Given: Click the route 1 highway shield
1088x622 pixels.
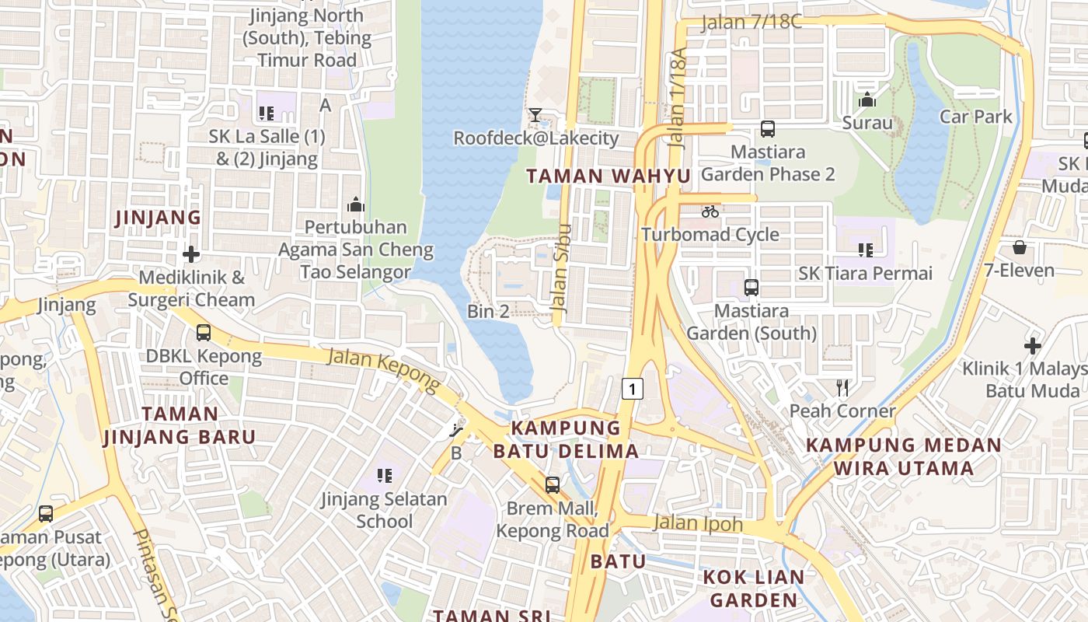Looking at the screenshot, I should [633, 388].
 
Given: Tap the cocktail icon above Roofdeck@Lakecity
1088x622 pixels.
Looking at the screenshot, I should [535, 115].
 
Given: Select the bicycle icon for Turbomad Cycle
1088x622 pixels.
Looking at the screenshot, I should [710, 211].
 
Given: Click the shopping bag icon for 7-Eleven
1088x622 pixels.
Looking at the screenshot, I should [1019, 247].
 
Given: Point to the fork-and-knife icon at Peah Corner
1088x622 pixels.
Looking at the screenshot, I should [842, 387].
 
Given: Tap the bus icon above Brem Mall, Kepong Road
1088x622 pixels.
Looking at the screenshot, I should [552, 485].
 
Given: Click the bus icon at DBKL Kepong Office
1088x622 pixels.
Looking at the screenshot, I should [204, 333].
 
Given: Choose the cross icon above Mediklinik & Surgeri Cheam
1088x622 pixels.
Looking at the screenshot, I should [191, 254].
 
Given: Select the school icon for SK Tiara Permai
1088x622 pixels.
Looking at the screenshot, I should [865, 250].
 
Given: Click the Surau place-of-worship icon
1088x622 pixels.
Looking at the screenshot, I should [867, 100].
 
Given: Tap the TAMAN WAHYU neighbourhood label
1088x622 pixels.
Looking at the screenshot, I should [608, 176].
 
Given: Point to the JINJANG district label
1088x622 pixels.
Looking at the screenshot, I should [158, 217].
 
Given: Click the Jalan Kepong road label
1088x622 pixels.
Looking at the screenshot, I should [384, 368].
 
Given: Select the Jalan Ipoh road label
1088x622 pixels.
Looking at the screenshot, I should [698, 523].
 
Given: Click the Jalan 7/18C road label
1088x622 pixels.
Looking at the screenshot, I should [751, 22].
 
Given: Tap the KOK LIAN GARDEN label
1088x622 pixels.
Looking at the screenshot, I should [753, 589].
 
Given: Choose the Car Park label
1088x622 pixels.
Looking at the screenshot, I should [976, 117].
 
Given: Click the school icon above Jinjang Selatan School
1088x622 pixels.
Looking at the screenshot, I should [384, 474].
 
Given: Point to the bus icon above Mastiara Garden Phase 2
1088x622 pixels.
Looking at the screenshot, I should [767, 129].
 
